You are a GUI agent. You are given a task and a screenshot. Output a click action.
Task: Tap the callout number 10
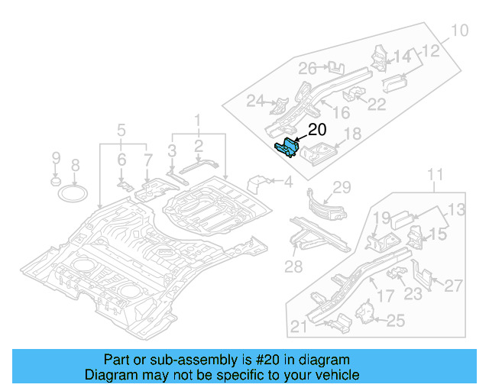(458, 31)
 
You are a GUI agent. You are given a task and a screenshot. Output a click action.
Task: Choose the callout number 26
(307, 69)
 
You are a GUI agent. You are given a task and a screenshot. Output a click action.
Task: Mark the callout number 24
(254, 100)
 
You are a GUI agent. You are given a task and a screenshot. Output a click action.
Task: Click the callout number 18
(352, 135)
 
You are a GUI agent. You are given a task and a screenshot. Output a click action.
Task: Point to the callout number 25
(395, 322)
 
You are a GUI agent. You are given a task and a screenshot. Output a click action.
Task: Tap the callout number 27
(453, 286)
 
